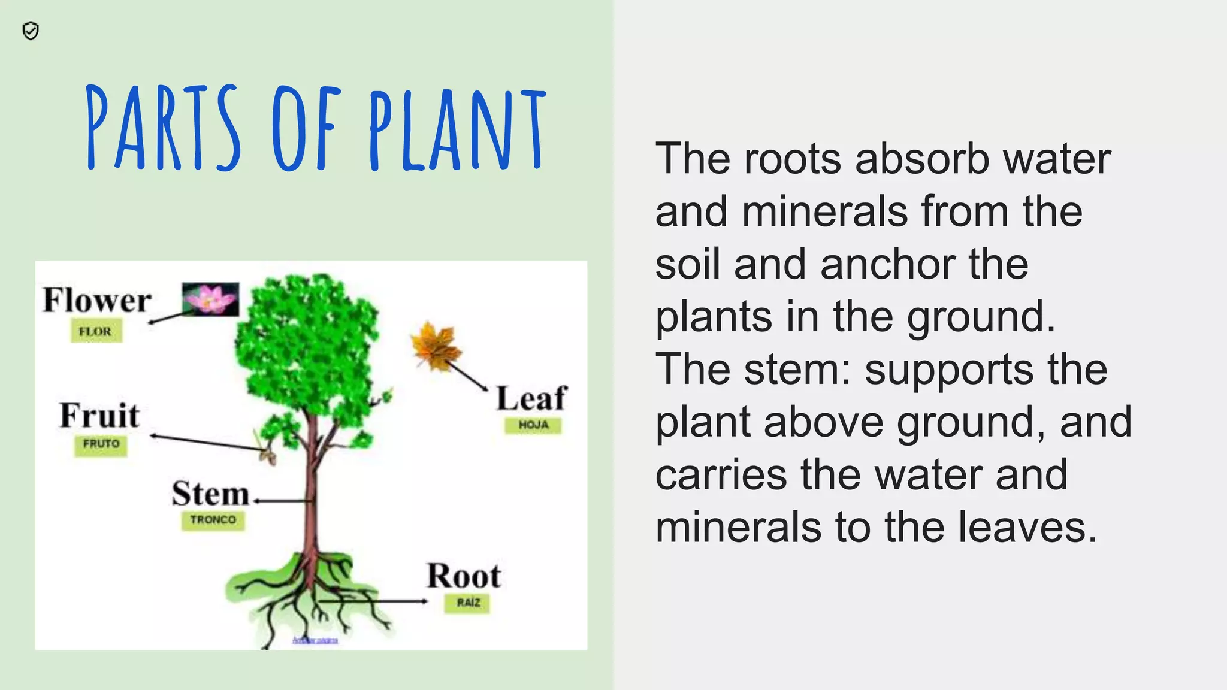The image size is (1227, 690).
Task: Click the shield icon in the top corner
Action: [x=31, y=31]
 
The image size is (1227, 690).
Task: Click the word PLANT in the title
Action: [x=457, y=128]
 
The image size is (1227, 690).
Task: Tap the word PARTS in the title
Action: [x=163, y=128]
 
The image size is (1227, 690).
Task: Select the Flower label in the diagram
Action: [x=97, y=300]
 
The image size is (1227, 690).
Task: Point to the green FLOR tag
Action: [x=96, y=331]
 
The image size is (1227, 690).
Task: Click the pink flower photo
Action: [x=210, y=299]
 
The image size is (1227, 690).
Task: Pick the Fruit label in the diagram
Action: [x=99, y=416]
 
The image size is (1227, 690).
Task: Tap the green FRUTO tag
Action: [x=101, y=444]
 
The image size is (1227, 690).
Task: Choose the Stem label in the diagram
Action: [x=210, y=494]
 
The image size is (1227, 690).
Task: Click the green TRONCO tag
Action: [x=213, y=520]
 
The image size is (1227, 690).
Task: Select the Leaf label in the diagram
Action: [x=531, y=398]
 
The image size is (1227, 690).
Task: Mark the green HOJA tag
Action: [x=533, y=425]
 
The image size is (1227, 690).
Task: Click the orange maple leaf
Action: [x=436, y=346]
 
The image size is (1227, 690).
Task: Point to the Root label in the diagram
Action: [x=464, y=576]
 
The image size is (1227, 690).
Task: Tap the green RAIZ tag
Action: [x=468, y=603]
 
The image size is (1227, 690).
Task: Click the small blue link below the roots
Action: [x=315, y=640]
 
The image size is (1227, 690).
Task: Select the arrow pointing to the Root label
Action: [x=371, y=601]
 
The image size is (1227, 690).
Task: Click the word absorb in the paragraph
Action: [x=923, y=159]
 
